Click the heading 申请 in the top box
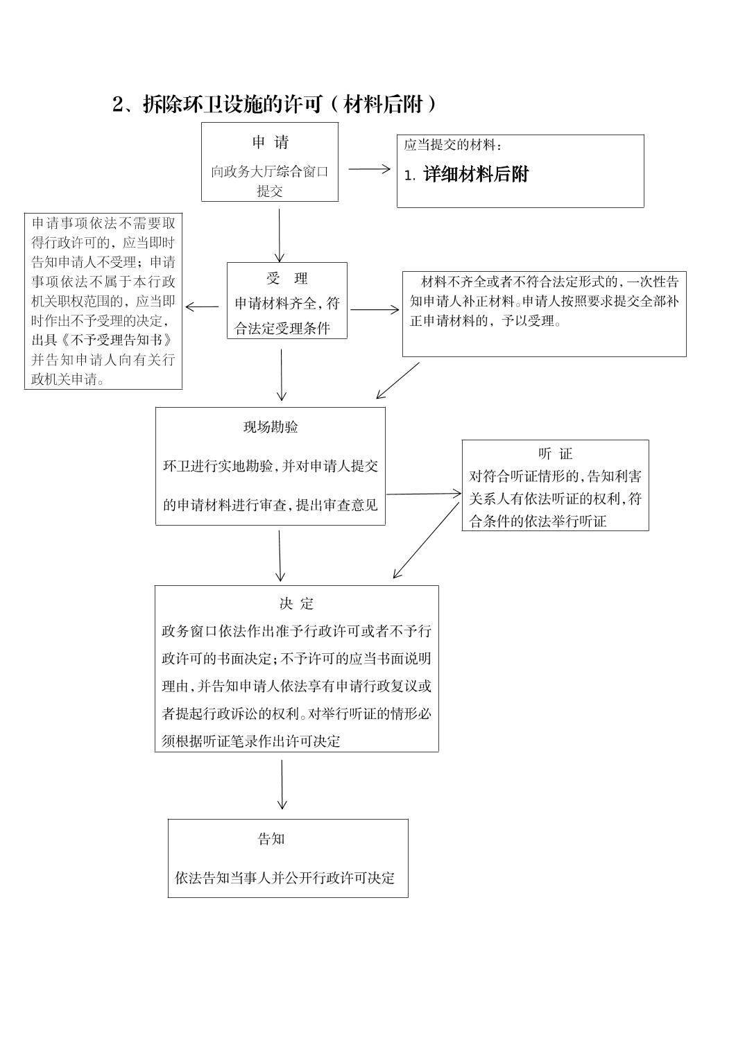(x=270, y=143)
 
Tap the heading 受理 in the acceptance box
(x=286, y=279)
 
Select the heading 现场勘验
(x=271, y=427)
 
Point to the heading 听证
(x=555, y=454)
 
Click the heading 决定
(x=296, y=604)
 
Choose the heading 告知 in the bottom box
(x=271, y=839)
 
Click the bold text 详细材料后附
(x=476, y=175)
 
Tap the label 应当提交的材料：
(x=453, y=145)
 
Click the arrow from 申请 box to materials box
(x=369, y=169)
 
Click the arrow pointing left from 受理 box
(x=202, y=306)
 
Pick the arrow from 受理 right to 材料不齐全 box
(x=375, y=309)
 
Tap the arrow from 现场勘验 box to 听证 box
(x=423, y=494)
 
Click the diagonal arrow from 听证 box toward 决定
(x=426, y=540)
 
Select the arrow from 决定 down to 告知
(x=282, y=784)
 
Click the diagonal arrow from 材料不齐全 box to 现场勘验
(x=398, y=381)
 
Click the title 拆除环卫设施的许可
(x=232, y=104)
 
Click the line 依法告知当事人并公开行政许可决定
(x=284, y=878)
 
